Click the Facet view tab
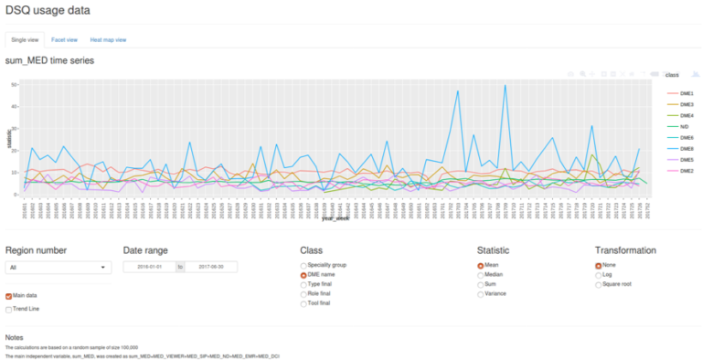(64, 40)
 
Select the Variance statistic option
(482, 294)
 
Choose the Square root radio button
(600, 285)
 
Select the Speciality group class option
(304, 265)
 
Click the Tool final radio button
(304, 303)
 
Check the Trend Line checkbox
(9, 310)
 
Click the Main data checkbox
(9, 296)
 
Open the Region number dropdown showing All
(58, 268)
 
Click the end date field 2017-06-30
(210, 267)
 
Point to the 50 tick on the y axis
(16, 84)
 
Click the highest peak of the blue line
(505, 86)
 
